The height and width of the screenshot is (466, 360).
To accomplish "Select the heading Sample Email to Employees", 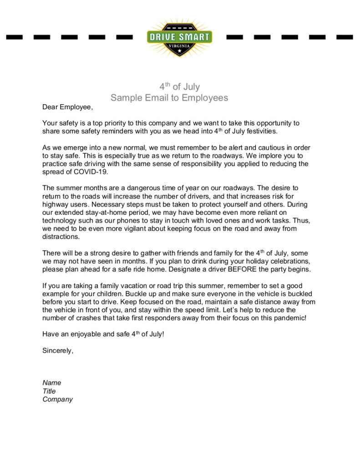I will pos(169,98).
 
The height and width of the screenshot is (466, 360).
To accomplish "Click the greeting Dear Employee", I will pos(67,107).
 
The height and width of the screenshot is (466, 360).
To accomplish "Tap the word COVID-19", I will pos(92,172).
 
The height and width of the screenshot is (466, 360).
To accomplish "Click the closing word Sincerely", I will pos(58,350).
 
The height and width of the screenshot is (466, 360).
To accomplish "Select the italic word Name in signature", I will pos(52,383).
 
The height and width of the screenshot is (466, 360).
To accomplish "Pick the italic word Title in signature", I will pos(49,391).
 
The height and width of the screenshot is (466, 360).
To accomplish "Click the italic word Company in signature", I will pos(58,399).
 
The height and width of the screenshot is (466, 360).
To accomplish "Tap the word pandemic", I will pos(290,318).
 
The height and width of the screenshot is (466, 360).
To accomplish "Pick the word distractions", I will pos(61,237).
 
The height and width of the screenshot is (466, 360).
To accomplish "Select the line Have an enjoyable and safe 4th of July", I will pos(103,334).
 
